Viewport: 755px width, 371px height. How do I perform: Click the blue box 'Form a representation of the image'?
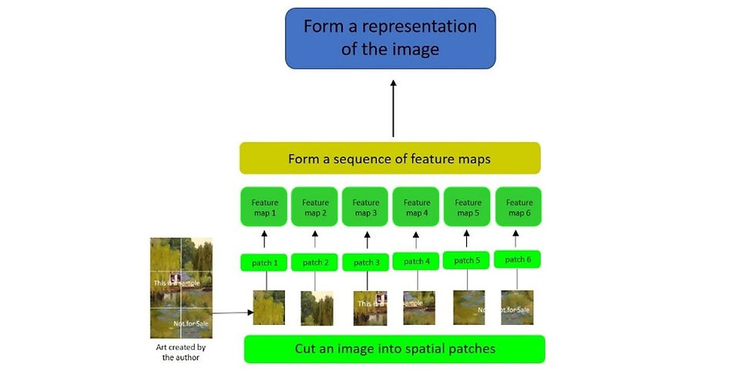(390, 38)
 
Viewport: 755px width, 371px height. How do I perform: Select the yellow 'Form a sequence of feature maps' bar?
(390, 159)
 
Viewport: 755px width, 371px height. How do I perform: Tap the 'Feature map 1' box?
(263, 207)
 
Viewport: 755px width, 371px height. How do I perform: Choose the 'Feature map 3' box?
(366, 207)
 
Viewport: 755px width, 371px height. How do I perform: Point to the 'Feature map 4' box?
(417, 207)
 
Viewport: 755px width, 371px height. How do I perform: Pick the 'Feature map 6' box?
(518, 207)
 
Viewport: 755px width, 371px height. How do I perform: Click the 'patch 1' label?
(264, 262)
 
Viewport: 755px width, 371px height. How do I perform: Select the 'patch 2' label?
(315, 262)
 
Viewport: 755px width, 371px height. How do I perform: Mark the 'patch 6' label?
(518, 259)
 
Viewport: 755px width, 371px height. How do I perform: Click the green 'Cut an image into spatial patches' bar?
(394, 349)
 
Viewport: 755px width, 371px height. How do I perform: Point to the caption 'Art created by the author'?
(180, 352)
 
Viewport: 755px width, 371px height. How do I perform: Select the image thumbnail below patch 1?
(269, 308)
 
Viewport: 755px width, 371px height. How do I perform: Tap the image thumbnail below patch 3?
(369, 308)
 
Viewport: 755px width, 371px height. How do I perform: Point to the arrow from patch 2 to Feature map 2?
(315, 238)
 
